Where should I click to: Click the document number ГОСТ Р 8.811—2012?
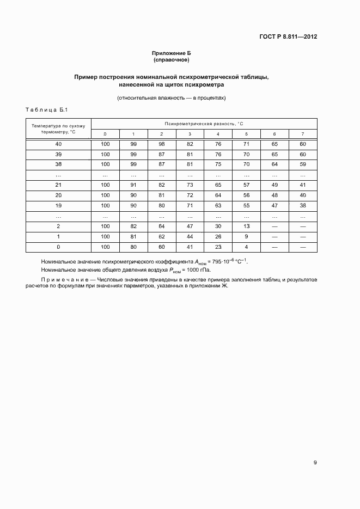click(289, 37)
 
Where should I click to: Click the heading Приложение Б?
click(171, 53)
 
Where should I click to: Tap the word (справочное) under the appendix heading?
click(171, 59)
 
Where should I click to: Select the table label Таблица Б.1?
click(46, 111)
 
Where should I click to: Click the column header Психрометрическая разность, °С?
click(204, 124)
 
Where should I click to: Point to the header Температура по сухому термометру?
click(58, 128)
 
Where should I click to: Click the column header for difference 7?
click(303, 134)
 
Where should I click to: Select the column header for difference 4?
click(218, 134)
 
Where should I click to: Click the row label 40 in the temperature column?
click(58, 144)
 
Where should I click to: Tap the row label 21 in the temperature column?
click(58, 185)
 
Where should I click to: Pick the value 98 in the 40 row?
click(161, 144)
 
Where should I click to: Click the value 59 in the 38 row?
click(303, 164)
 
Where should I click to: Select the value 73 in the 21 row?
click(190, 185)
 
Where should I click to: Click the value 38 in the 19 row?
click(303, 205)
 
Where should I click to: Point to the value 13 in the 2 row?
click(246, 226)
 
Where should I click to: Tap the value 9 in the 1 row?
click(246, 236)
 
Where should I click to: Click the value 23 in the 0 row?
click(218, 247)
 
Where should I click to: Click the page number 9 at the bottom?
click(315, 463)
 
